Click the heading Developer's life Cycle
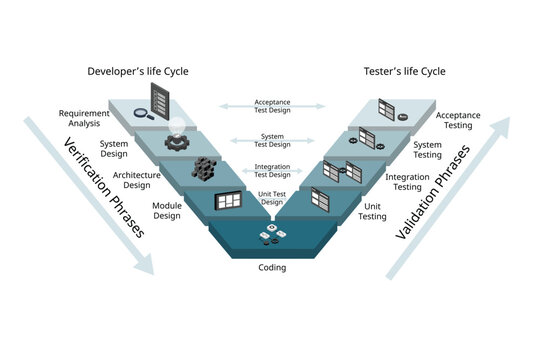pyautogui.click(x=138, y=71)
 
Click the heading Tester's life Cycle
pyautogui.click(x=404, y=71)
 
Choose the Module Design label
pyautogui.click(x=166, y=210)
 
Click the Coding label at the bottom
pyautogui.click(x=272, y=267)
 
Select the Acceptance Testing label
pyautogui.click(x=458, y=120)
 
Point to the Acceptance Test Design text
pyautogui.click(x=272, y=106)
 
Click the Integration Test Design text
pyautogui.click(x=272, y=171)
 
